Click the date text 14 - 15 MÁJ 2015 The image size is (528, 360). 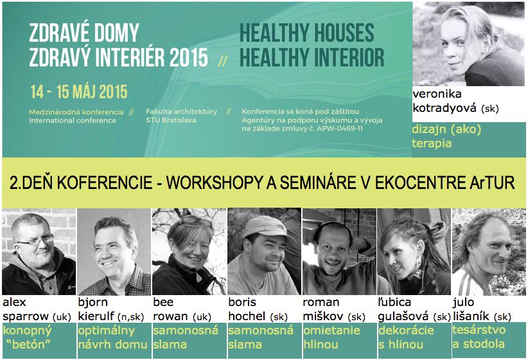tap(79, 92)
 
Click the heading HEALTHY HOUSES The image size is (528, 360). tap(307, 33)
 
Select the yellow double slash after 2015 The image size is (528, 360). tap(222, 60)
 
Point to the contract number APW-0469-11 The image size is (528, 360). tap(337, 128)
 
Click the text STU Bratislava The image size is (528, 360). tap(171, 120)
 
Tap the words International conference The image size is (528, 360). tap(73, 120)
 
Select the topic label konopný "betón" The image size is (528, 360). tap(27, 337)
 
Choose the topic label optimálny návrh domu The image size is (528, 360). tap(112, 337)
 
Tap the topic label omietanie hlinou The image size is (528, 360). tap(331, 337)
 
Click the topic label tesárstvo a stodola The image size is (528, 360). tap(479, 336)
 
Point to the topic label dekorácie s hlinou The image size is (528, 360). tap(406, 337)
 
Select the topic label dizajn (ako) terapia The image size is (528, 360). tap(446, 136)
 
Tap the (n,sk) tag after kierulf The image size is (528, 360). tap(130, 317)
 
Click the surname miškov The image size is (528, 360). tap(323, 316)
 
